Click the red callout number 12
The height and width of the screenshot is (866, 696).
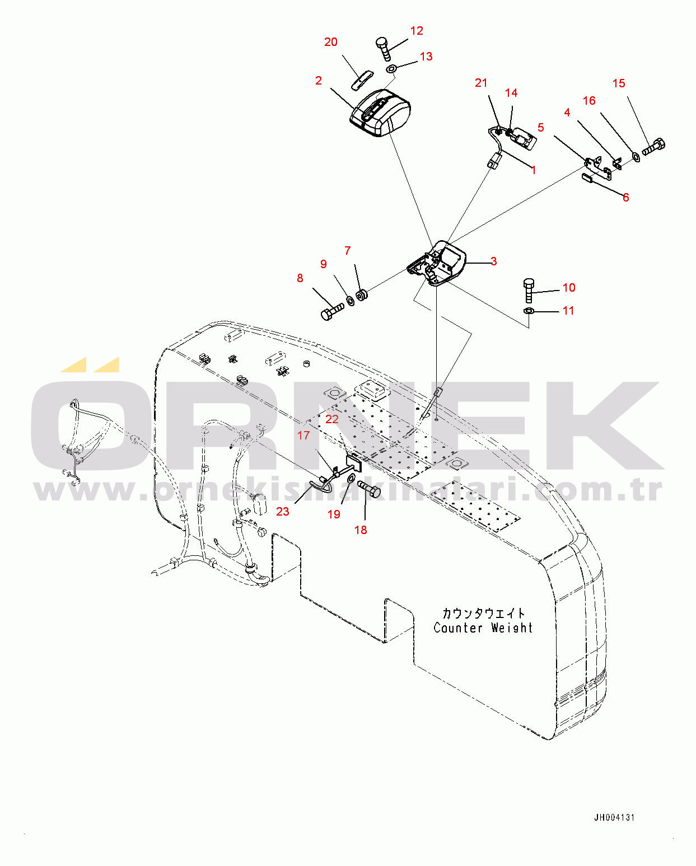[x=417, y=31]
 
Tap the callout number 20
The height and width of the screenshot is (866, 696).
[x=330, y=42]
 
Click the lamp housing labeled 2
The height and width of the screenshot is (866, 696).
[x=380, y=114]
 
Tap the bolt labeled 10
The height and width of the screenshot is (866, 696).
[x=529, y=290]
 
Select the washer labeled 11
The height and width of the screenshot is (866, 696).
[x=529, y=311]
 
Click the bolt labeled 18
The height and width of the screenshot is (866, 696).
[x=369, y=489]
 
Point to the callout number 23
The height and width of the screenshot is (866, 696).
[x=283, y=512]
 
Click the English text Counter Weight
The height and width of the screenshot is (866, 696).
[x=483, y=628]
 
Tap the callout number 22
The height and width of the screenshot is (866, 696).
[x=331, y=419]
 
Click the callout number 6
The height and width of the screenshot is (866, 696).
[x=625, y=197]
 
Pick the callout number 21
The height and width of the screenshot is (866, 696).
[x=481, y=82]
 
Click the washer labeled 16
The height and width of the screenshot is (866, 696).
[x=637, y=157]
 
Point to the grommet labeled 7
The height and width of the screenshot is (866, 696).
[x=362, y=295]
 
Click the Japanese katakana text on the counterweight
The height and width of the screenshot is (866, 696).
[x=483, y=613]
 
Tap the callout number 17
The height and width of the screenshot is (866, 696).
[x=303, y=435]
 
